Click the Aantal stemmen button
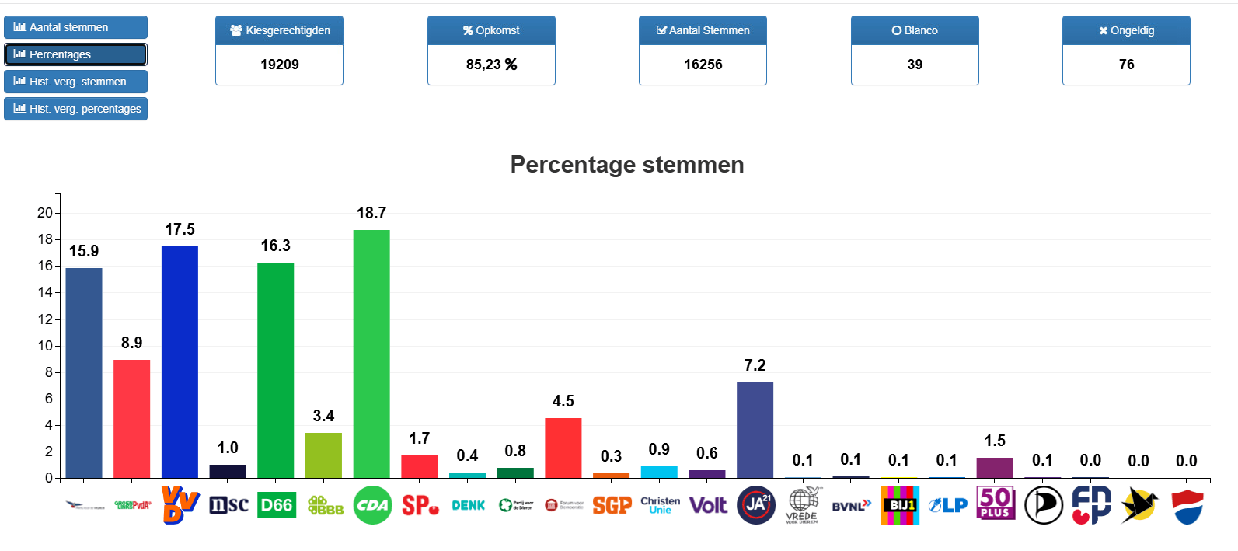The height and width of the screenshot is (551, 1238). (x=75, y=27)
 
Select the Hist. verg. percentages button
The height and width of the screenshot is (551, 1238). (x=75, y=109)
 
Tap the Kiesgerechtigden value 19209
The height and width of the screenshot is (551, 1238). (x=279, y=65)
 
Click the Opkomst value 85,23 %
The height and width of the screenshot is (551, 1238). (x=491, y=65)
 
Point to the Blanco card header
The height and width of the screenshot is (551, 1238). (x=915, y=30)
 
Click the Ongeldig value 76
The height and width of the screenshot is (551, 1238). (x=1126, y=65)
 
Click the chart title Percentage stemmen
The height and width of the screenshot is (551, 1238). (x=626, y=165)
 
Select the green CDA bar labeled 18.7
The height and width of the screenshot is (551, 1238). (x=371, y=354)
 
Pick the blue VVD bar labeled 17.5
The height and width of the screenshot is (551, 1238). (x=180, y=361)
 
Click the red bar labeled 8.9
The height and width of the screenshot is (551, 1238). (x=131, y=419)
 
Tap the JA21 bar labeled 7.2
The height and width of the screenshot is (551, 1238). (x=755, y=430)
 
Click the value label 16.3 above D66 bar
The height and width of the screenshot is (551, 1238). (x=275, y=246)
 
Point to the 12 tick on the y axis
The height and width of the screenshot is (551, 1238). (x=45, y=319)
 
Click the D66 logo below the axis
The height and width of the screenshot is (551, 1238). (x=276, y=505)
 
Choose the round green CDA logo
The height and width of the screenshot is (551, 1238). (x=372, y=505)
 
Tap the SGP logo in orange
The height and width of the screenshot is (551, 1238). (x=612, y=506)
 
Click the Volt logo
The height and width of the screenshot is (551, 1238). (x=708, y=506)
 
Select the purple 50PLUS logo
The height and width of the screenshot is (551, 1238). (x=996, y=503)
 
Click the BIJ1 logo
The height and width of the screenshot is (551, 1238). (x=899, y=505)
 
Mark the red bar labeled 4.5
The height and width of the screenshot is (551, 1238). (x=563, y=448)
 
